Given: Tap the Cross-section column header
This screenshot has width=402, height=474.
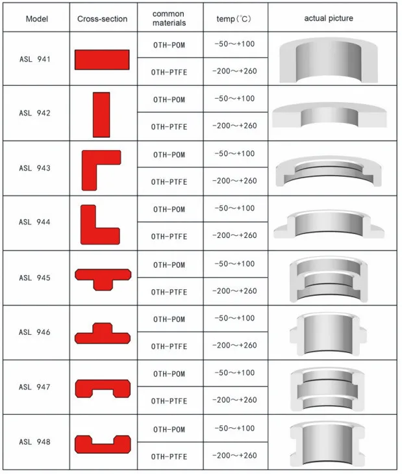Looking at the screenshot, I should tap(103, 18).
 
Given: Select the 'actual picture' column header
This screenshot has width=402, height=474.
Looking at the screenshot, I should tap(329, 18).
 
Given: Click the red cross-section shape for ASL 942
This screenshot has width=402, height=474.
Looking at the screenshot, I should tap(101, 114).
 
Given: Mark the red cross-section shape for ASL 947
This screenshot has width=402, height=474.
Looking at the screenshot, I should tap(103, 388).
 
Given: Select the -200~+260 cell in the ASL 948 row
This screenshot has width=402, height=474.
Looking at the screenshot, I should tap(234, 456).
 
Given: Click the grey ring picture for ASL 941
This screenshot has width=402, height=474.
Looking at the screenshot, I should tap(329, 59).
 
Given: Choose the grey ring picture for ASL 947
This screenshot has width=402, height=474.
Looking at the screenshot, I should tap(329, 389).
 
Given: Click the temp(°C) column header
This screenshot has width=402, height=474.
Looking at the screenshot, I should tap(234, 18).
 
